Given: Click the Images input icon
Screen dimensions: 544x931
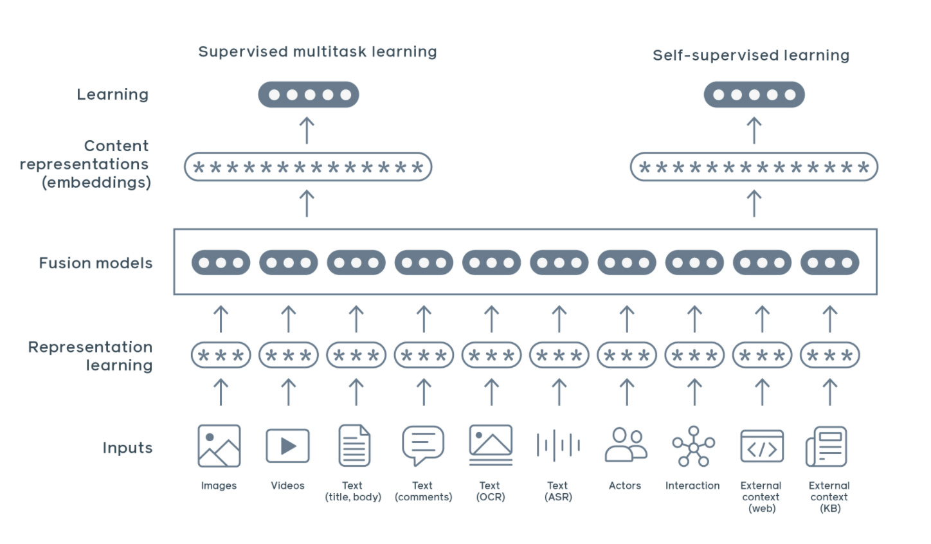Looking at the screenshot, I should click(219, 446).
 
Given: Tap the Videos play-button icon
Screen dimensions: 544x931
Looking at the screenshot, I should click(288, 446).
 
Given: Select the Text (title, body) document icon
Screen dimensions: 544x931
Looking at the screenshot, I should click(355, 446).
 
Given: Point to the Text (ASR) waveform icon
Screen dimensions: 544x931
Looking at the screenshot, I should click(559, 446).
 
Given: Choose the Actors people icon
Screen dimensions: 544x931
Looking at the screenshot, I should click(626, 445).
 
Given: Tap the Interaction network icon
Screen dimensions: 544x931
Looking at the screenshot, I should click(693, 446).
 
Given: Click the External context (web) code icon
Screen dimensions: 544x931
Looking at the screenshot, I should click(762, 446).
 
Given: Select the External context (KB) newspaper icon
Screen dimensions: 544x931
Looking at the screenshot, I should click(827, 446).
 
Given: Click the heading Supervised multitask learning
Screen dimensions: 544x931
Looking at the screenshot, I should click(318, 52).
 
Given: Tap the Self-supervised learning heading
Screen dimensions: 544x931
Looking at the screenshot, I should click(751, 56).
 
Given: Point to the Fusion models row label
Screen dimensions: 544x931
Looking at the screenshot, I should click(96, 263).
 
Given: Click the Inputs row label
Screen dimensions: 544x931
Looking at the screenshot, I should click(127, 448).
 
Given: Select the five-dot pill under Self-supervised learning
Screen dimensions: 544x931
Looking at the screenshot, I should click(754, 95).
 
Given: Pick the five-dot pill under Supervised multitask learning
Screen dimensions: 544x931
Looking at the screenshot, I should click(309, 95).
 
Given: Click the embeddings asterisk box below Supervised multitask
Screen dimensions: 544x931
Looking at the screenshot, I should click(308, 167).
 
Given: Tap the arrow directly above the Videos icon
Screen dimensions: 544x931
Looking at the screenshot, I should click(289, 392).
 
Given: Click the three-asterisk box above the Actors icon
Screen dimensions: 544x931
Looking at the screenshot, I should click(627, 355).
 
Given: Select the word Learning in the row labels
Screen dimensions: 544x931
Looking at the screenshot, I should click(113, 95).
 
